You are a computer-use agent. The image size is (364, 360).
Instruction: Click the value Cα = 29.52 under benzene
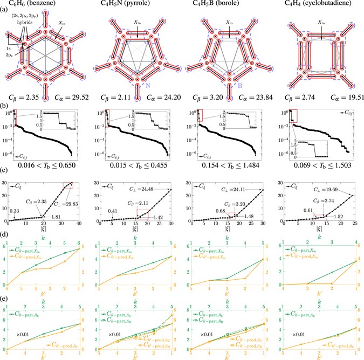point(71,99)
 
